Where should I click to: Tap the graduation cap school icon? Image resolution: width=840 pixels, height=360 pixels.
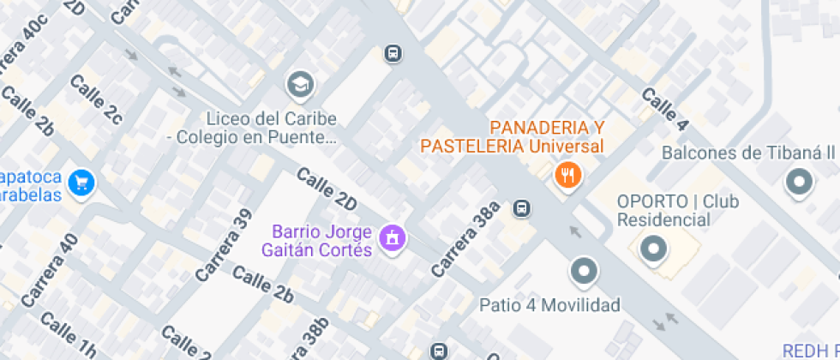(x=300, y=84)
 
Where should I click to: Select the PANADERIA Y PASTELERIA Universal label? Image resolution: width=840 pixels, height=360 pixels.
(x=512, y=136)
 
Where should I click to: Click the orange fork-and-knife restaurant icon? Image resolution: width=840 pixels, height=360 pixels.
(x=567, y=177)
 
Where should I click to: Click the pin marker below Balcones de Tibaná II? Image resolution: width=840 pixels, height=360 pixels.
(x=800, y=182)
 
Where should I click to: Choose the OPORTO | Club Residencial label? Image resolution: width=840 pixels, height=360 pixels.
(x=678, y=211)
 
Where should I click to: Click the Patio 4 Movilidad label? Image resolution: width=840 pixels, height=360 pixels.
(x=549, y=305)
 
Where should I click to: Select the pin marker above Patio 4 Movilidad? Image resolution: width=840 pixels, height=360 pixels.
(x=585, y=272)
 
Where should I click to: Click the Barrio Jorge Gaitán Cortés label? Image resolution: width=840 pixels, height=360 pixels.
(x=322, y=241)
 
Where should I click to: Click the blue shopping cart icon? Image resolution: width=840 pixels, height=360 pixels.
(x=82, y=182)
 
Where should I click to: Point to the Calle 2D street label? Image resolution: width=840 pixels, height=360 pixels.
(x=326, y=189)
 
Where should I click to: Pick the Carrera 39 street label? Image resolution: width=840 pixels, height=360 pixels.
(x=225, y=245)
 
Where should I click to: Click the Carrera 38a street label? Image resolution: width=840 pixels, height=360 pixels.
(x=465, y=240)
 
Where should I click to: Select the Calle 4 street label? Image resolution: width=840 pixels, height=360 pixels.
(x=664, y=109)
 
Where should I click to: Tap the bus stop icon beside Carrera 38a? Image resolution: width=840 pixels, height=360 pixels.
(x=521, y=208)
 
